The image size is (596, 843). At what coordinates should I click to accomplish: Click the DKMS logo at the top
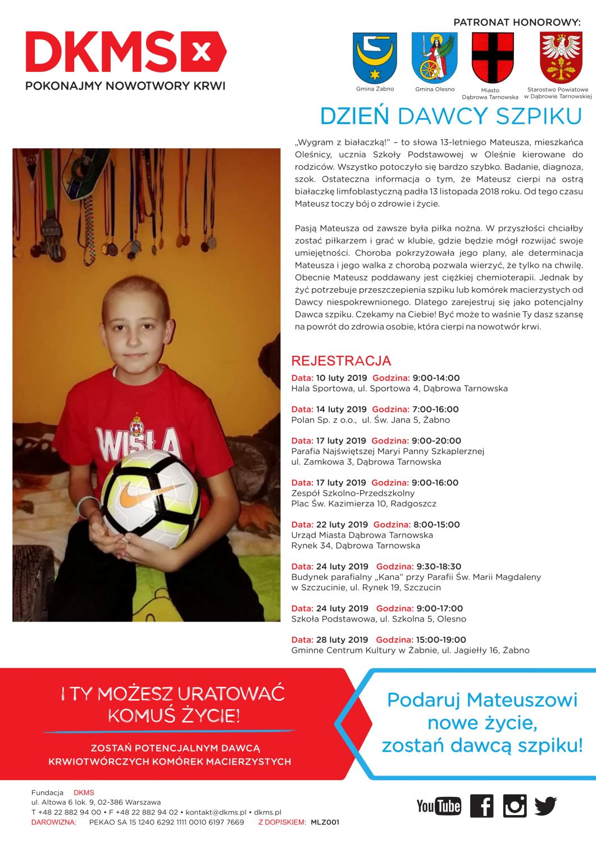tap(126, 52)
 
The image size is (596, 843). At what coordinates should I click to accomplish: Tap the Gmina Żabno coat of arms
tap(375, 58)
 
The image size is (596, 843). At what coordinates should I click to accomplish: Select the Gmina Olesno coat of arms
tap(435, 58)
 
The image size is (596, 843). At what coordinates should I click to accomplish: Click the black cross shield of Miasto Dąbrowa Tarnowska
tap(493, 58)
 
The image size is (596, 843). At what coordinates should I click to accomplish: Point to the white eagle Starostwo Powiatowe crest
tap(561, 58)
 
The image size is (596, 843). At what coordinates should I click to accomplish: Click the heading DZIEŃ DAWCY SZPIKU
tap(451, 116)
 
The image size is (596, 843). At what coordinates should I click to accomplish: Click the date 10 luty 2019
tap(342, 378)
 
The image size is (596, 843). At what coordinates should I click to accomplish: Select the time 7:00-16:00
tap(435, 410)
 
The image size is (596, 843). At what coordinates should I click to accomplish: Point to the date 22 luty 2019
tap(342, 525)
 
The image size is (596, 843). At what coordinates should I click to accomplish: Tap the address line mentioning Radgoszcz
tap(363, 504)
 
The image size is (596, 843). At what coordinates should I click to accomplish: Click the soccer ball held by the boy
tap(151, 498)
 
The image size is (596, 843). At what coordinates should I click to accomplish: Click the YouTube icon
tap(439, 806)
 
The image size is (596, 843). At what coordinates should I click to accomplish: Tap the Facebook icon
tap(481, 806)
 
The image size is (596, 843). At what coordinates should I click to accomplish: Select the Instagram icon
tap(515, 806)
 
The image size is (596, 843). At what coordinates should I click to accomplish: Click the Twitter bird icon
tap(545, 806)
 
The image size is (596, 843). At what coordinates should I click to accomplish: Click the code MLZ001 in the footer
tap(325, 822)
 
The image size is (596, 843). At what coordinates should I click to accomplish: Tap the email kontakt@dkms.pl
tap(216, 813)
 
